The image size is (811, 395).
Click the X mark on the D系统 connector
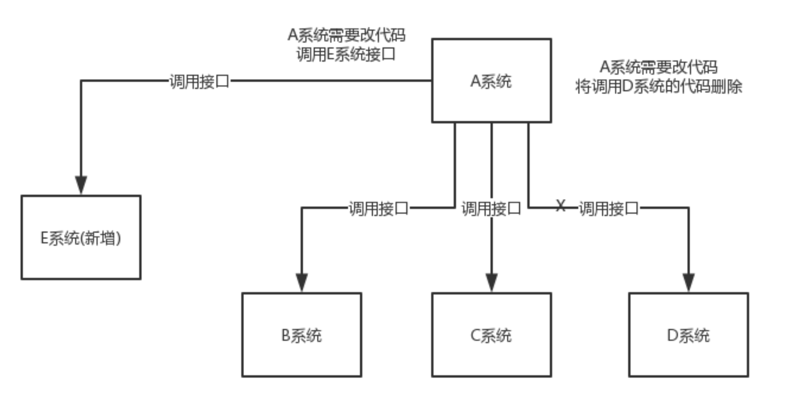pyautogui.click(x=561, y=205)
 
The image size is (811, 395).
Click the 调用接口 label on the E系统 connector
pyautogui.click(x=199, y=81)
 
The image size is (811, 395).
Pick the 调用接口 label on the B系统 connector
pyautogui.click(x=378, y=208)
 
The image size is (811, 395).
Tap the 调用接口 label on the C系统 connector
pyautogui.click(x=491, y=208)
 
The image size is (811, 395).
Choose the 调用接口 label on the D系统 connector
pyautogui.click(x=608, y=208)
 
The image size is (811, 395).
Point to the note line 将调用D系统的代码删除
pyautogui.click(x=658, y=87)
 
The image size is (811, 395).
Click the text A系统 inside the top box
pyautogui.click(x=491, y=81)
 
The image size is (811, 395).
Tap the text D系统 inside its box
pyautogui.click(x=688, y=335)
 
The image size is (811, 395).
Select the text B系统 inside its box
pyautogui.click(x=301, y=335)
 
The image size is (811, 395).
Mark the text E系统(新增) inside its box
pyautogui.click(x=81, y=238)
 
